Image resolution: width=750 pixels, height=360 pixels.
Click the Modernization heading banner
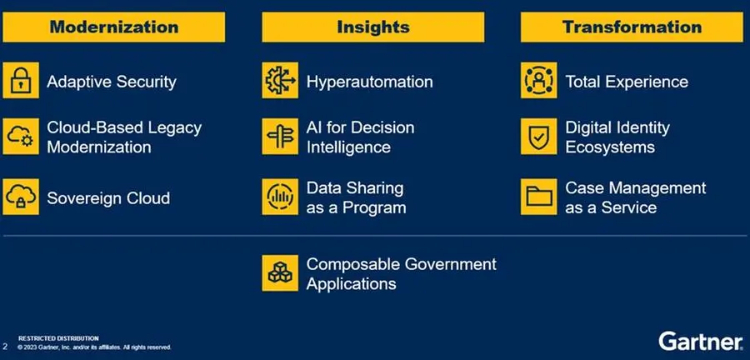click(114, 27)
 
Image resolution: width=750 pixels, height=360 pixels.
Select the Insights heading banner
click(373, 27)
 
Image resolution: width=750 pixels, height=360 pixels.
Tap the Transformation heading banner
click(632, 27)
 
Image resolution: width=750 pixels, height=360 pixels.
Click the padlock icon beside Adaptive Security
click(21, 80)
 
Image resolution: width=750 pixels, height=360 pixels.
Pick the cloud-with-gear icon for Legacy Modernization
click(21, 137)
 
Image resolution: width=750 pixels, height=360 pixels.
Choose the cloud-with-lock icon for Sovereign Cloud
click(21, 197)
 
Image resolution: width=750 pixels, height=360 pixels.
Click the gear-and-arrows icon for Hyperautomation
click(280, 80)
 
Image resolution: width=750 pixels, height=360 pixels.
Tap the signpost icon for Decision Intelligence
click(280, 137)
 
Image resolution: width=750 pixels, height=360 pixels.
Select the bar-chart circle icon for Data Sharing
click(280, 197)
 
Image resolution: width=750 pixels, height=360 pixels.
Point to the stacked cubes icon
click(280, 273)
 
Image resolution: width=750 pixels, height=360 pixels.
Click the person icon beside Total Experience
click(538, 80)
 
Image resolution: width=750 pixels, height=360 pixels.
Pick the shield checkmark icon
click(538, 137)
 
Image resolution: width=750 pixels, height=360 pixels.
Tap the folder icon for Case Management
click(538, 197)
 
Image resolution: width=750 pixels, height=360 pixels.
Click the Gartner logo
click(700, 342)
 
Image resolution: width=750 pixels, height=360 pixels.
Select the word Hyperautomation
click(370, 82)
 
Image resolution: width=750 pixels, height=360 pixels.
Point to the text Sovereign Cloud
click(108, 198)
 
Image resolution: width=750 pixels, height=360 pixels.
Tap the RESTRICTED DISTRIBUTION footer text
click(58, 338)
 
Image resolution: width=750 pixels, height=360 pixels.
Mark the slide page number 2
click(5, 346)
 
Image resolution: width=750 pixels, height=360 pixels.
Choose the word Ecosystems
click(610, 147)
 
